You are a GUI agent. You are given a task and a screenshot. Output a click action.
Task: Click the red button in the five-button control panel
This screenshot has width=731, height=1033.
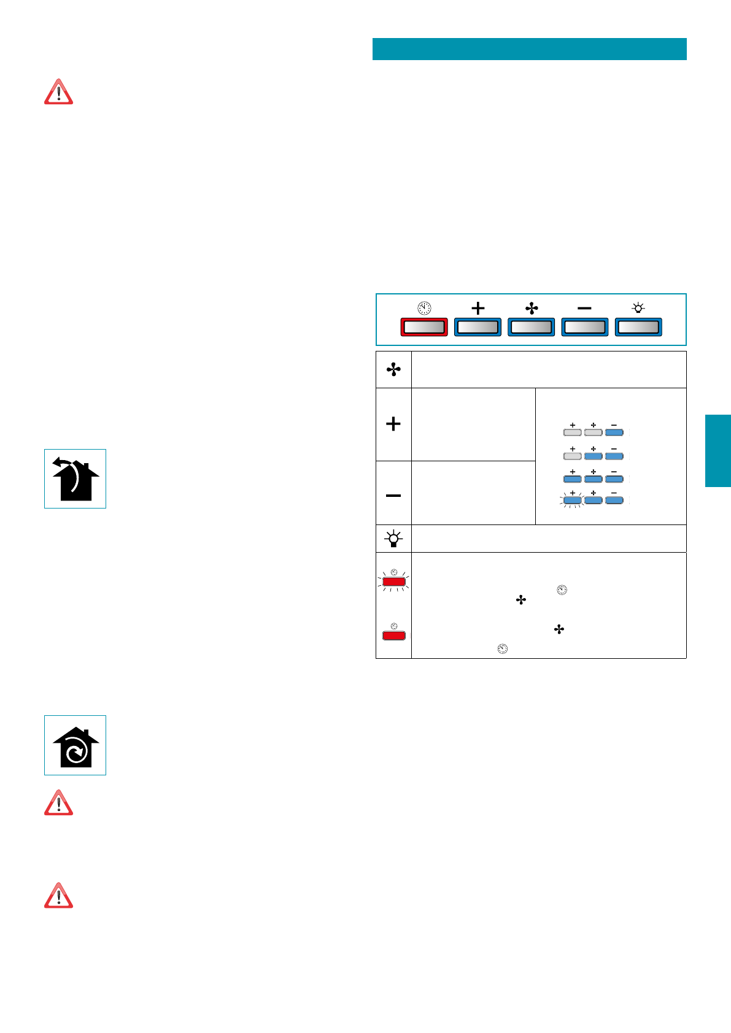[424, 327]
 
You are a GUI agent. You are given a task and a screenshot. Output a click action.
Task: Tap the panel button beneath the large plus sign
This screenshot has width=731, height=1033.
[478, 327]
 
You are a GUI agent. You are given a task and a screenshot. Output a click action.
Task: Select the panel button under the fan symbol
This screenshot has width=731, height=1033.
[532, 327]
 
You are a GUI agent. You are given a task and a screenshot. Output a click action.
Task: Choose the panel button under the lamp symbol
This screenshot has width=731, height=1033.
[638, 327]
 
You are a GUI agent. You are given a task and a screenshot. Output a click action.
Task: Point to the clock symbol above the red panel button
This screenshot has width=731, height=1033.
[424, 308]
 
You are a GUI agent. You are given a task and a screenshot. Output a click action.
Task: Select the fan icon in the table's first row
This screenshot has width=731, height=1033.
[393, 369]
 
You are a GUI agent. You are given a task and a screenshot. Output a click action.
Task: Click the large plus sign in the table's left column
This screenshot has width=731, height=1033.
[393, 424]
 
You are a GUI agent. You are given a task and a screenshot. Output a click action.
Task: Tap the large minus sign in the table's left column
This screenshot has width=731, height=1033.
[393, 495]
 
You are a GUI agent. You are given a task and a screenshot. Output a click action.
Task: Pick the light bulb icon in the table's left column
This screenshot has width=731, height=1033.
[393, 539]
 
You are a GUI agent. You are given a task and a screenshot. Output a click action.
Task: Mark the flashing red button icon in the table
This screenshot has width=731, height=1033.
[393, 581]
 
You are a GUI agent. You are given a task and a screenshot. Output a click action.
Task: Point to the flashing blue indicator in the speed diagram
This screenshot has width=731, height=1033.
[572, 501]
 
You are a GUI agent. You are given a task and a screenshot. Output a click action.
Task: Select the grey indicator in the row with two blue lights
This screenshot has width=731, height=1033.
[572, 456]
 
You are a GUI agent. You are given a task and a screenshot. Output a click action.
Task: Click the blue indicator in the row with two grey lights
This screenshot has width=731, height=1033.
[614, 432]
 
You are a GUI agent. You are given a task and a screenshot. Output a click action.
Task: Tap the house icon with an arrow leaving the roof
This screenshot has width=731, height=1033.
[75, 479]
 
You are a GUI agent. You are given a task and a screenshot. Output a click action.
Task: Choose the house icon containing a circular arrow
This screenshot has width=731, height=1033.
[75, 745]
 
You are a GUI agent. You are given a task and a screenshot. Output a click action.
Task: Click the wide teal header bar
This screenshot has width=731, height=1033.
[529, 49]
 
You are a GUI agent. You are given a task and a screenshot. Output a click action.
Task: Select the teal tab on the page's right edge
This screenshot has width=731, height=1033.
[717, 451]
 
